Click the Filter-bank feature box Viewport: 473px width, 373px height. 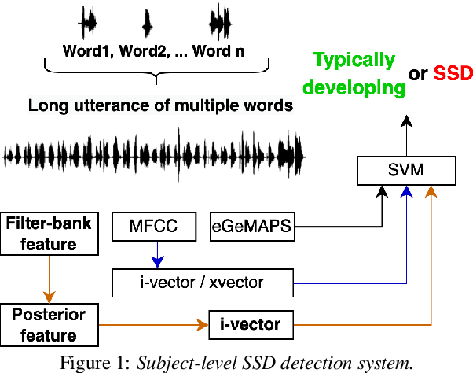tap(49, 234)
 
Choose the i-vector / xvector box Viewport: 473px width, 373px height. tap(202, 281)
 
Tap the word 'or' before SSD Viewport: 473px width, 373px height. tap(418, 74)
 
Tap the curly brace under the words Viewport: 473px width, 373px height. tap(157, 75)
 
